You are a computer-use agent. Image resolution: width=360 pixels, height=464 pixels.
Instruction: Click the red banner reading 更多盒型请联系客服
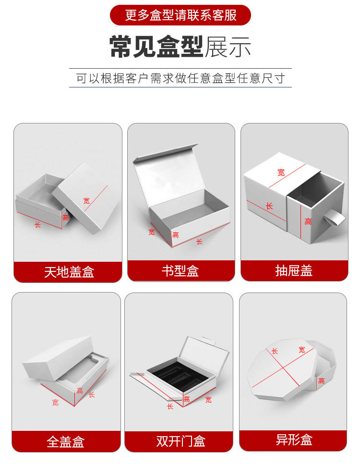click(x=180, y=15)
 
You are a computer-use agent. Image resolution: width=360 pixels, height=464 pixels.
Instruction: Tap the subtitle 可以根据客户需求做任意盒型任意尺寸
click(x=180, y=78)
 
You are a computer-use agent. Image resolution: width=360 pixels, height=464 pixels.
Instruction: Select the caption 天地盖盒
click(x=69, y=272)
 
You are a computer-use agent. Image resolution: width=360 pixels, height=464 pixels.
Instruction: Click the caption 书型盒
click(x=180, y=271)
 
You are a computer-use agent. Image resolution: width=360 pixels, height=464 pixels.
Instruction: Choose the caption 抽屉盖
click(x=294, y=271)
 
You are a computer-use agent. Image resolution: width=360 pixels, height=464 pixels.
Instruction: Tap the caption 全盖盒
click(x=66, y=441)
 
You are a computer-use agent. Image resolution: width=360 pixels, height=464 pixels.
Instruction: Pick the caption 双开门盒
click(x=180, y=441)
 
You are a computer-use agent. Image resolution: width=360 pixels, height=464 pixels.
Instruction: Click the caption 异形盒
click(x=294, y=439)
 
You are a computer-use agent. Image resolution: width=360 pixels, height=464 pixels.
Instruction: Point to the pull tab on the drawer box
click(x=335, y=220)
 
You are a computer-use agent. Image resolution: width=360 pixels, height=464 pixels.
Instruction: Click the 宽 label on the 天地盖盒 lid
click(x=86, y=201)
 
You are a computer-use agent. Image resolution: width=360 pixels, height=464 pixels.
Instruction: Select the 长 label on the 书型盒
click(x=199, y=242)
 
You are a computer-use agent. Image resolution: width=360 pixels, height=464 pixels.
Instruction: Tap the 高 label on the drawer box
click(x=308, y=221)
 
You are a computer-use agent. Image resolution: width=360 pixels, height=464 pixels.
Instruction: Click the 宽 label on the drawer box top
click(x=281, y=172)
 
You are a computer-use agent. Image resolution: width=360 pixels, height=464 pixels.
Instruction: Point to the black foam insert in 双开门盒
click(x=177, y=373)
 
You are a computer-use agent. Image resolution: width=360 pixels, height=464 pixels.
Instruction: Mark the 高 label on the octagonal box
click(x=321, y=381)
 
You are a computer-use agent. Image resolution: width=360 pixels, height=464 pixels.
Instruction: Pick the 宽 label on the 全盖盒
click(x=55, y=403)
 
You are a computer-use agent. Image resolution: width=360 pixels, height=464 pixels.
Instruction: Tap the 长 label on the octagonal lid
click(x=275, y=351)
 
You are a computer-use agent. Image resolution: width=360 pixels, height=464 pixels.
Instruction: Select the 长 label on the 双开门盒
click(x=170, y=406)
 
